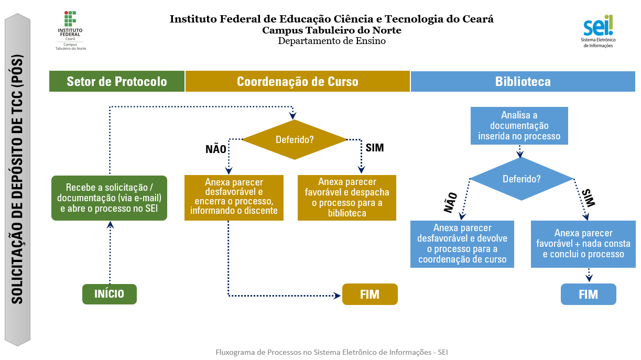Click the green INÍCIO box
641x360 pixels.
109,294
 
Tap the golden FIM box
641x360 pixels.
370,294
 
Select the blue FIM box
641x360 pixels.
588,294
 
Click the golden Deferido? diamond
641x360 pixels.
295,140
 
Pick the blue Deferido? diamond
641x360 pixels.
522,179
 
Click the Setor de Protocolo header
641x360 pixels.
117,81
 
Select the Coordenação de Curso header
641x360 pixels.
297,81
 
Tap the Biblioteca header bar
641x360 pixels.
523,81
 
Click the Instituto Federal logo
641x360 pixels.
70,30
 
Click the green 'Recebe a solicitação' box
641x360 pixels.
109,198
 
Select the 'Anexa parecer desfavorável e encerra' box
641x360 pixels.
234,197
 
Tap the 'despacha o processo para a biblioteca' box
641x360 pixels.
347,197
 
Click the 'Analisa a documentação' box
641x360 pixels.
519,126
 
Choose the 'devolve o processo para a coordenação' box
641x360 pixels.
462,243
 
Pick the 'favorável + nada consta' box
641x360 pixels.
583,244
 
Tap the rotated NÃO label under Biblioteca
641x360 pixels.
450,202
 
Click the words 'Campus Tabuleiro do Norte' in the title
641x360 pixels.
332,30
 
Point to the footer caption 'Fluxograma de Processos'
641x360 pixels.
331,352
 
